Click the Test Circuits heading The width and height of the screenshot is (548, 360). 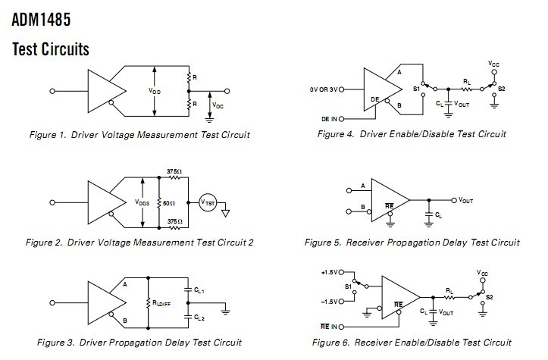[x=51, y=49]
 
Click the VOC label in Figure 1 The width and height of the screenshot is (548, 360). [x=218, y=105]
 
